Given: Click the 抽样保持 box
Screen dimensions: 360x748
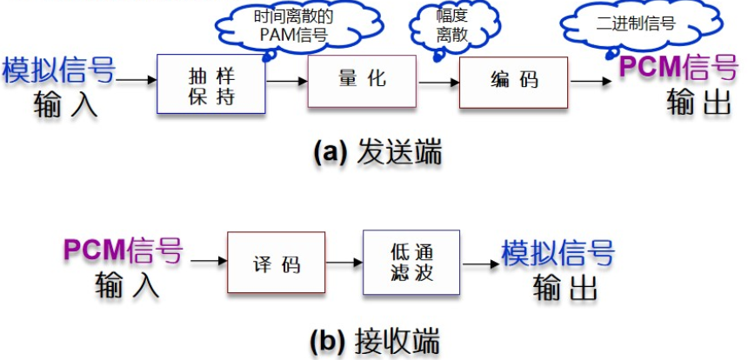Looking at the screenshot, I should [x=210, y=83].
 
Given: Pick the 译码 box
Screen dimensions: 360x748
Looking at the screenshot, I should [x=277, y=263].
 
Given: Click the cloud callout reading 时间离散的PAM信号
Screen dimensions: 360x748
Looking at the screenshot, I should [x=280, y=26].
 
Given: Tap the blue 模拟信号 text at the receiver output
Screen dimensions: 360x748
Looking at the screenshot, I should [x=558, y=252].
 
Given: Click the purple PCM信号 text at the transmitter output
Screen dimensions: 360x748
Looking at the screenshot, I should [x=678, y=67].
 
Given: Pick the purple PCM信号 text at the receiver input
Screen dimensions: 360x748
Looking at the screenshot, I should [x=124, y=250].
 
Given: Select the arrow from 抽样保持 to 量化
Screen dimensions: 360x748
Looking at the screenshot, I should [x=287, y=81].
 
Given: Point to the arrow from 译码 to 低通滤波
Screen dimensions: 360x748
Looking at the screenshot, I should [x=344, y=262].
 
